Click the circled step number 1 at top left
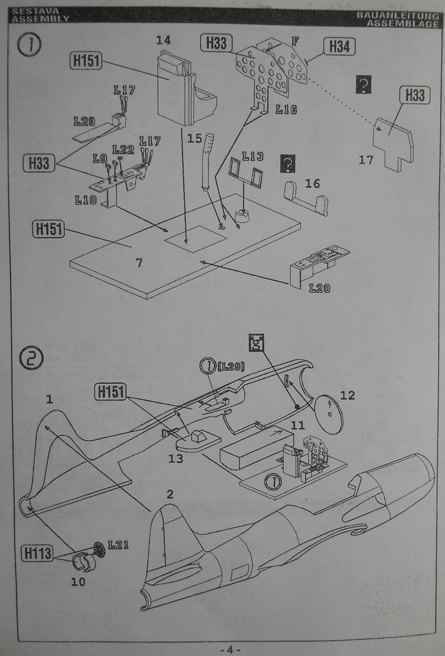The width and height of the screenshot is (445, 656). tap(29, 46)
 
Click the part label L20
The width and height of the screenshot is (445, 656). tap(319, 288)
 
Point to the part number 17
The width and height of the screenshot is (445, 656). tap(365, 160)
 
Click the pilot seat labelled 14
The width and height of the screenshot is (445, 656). tap(183, 90)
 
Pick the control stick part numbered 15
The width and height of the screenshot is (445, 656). tap(208, 163)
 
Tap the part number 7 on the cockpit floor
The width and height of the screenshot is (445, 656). tap(139, 263)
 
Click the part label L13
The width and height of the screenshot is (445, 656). tap(253, 156)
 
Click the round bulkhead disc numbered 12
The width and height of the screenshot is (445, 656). tap(329, 414)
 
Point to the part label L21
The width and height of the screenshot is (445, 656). tap(118, 545)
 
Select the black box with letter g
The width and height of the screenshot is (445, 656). tap(256, 343)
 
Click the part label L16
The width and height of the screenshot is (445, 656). tap(286, 110)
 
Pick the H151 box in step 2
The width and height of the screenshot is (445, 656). tap(110, 392)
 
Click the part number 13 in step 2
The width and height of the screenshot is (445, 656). tap(176, 459)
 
